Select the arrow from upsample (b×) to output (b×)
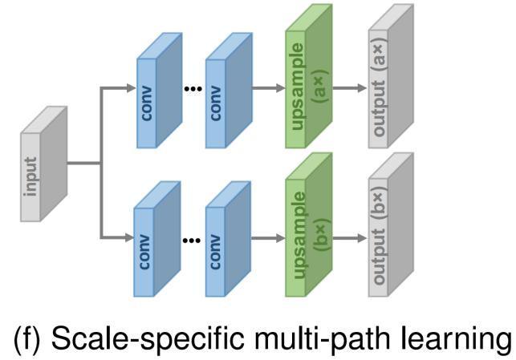(x=348, y=238)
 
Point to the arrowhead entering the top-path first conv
(x=130, y=89)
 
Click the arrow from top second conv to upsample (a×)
(x=265, y=89)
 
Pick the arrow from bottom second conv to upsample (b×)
(x=265, y=238)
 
